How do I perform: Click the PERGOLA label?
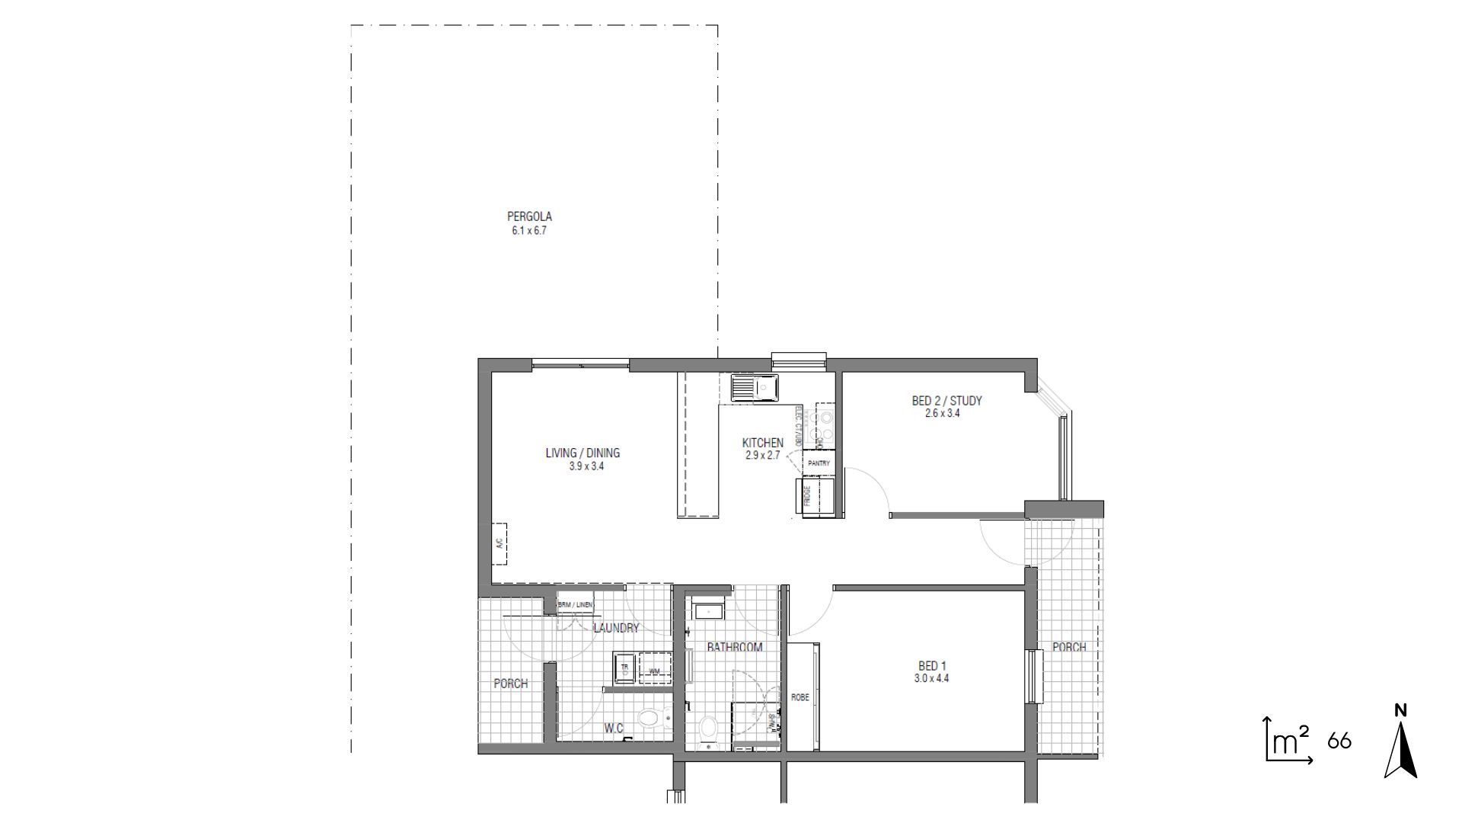coord(529,217)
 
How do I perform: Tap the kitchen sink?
coord(754,389)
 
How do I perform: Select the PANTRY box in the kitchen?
coord(819,463)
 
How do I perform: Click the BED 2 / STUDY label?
coord(946,401)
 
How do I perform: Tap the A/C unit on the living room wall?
coord(500,543)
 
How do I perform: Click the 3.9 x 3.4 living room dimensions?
coord(586,466)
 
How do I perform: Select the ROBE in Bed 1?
coord(801,697)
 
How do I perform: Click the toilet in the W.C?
coord(652,718)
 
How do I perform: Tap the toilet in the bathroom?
coord(708,729)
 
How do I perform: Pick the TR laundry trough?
coord(625,667)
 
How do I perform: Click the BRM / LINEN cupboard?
coord(575,604)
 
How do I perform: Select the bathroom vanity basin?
coord(709,611)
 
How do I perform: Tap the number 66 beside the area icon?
coord(1339,741)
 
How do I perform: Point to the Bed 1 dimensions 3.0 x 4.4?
coord(932,678)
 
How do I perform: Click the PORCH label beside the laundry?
coord(510,684)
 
